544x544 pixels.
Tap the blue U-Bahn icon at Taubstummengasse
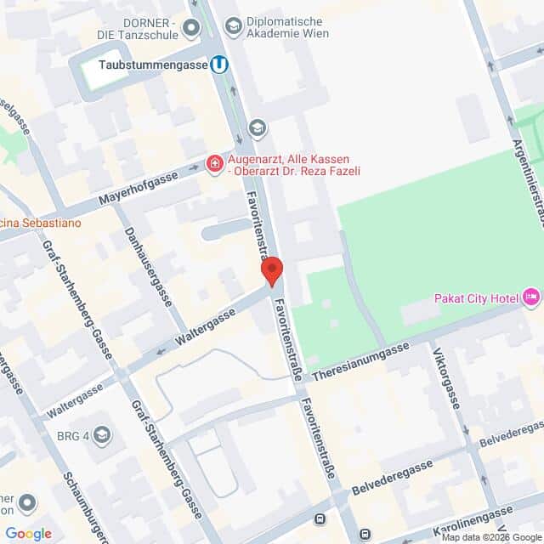[x=220, y=64]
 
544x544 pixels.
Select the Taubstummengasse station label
[x=153, y=65]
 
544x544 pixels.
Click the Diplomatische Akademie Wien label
[x=286, y=26]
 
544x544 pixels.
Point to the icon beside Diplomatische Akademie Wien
[x=232, y=27]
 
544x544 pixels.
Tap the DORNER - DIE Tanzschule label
[x=137, y=28]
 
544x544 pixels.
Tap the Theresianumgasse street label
[x=360, y=363]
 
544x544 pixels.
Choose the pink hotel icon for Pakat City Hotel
[x=531, y=297]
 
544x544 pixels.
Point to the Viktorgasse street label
[x=445, y=377]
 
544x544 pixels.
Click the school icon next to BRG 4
[x=102, y=435]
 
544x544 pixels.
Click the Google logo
[x=28, y=533]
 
